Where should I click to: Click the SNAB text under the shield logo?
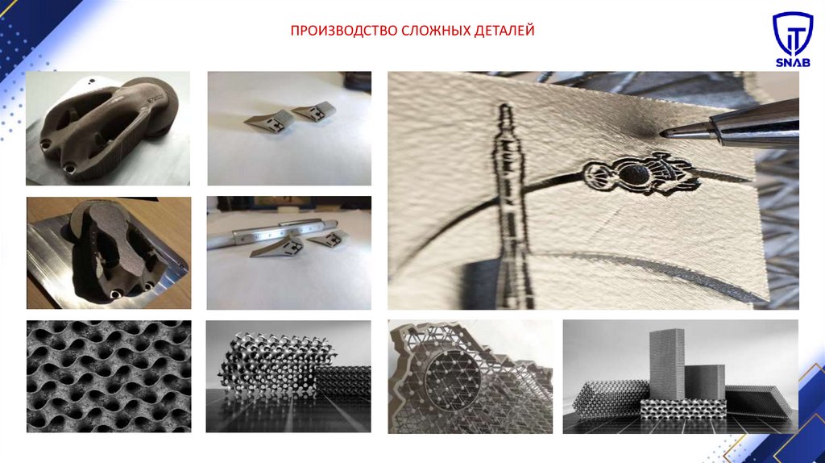(793, 63)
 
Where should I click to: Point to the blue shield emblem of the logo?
(793, 33)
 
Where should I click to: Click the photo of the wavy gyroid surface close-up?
(109, 376)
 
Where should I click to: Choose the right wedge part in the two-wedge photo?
(315, 111)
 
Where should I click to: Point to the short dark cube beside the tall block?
(704, 382)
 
